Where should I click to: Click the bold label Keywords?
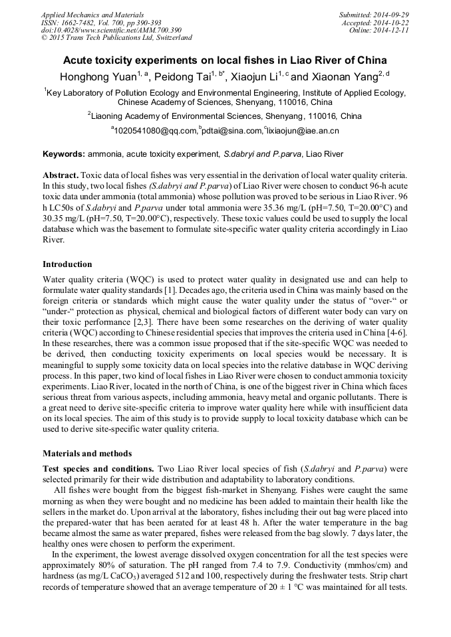[x=64, y=154]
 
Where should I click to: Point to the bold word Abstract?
[x=59, y=175]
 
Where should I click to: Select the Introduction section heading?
[x=67, y=264]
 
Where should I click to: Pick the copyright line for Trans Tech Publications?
[x=116, y=38]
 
